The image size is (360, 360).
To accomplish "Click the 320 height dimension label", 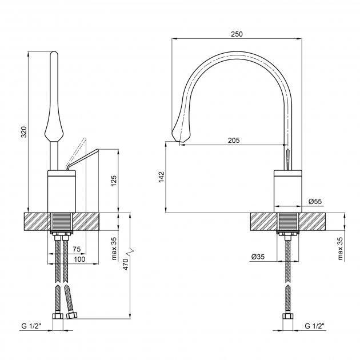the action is [24, 132].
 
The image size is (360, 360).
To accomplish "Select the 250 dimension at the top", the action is [237, 34].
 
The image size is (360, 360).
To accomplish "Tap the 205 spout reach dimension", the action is [234, 140].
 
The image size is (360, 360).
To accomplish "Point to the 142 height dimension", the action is [162, 177].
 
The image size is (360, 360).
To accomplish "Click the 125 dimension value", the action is [114, 181].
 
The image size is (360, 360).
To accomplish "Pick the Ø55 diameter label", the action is [315, 201].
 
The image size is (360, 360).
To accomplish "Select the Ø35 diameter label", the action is [258, 257].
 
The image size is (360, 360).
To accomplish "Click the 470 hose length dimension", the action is [126, 264].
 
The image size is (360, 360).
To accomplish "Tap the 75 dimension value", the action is [77, 249].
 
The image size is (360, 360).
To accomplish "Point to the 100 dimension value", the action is [79, 259].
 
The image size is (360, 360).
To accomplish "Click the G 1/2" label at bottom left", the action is [31, 326].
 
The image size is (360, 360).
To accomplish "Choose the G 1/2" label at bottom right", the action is [314, 326].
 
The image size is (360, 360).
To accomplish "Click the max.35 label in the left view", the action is [114, 249].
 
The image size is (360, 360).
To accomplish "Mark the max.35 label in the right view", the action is [340, 249].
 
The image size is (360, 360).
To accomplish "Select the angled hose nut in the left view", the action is [71, 315].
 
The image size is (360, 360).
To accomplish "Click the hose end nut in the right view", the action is [287, 316].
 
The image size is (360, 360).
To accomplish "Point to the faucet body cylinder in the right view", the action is [288, 191].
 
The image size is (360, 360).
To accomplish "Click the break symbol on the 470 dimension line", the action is [130, 251].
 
